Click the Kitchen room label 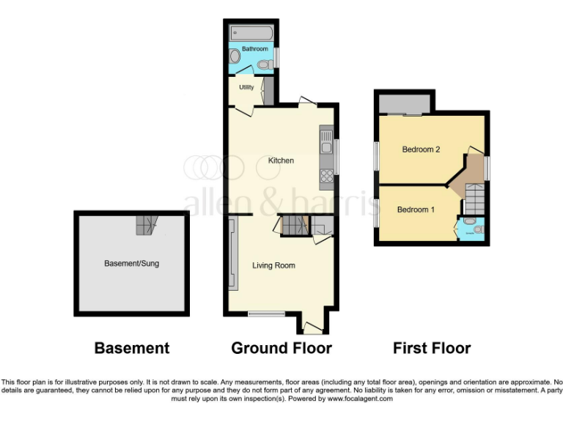pyautogui.click(x=281, y=160)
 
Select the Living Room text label pyautogui.click(x=274, y=265)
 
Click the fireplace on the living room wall pyautogui.click(x=232, y=253)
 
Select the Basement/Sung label pyautogui.click(x=131, y=262)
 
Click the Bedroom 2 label pyautogui.click(x=421, y=149)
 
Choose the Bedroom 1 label pyautogui.click(x=416, y=210)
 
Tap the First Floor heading pyautogui.click(x=432, y=348)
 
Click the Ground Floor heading pyautogui.click(x=281, y=348)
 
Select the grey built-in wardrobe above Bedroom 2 pyautogui.click(x=405, y=105)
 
